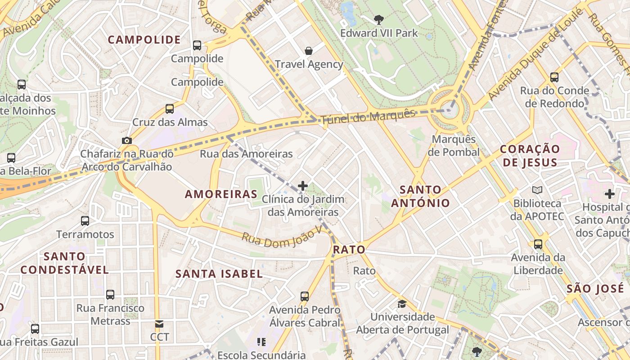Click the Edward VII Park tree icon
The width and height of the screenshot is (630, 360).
(x=379, y=19)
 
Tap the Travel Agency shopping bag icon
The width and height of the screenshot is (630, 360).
(x=309, y=50)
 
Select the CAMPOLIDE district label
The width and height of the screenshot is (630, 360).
(x=144, y=40)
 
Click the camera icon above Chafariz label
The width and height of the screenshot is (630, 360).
(x=127, y=140)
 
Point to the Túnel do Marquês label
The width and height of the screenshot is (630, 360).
(x=368, y=117)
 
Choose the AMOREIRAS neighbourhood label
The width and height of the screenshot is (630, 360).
(x=221, y=194)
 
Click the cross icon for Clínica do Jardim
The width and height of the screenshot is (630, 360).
(x=303, y=185)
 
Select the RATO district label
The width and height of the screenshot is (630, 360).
(x=349, y=250)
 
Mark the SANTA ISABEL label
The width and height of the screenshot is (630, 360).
(x=219, y=274)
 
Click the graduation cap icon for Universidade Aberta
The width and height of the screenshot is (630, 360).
(x=402, y=304)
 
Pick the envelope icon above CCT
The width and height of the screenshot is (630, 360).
(x=159, y=324)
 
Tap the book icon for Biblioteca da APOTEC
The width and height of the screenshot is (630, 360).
(x=537, y=190)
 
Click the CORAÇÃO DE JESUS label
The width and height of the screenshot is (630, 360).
(x=530, y=155)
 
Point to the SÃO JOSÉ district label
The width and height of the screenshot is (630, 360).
(x=595, y=288)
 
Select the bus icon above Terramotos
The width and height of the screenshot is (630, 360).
(x=85, y=220)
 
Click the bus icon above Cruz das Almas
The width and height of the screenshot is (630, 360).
(x=170, y=108)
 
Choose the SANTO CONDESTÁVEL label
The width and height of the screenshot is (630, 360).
(x=64, y=263)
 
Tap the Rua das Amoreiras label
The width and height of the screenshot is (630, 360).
(x=246, y=154)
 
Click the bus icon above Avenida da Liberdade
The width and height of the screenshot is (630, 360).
(x=538, y=244)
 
